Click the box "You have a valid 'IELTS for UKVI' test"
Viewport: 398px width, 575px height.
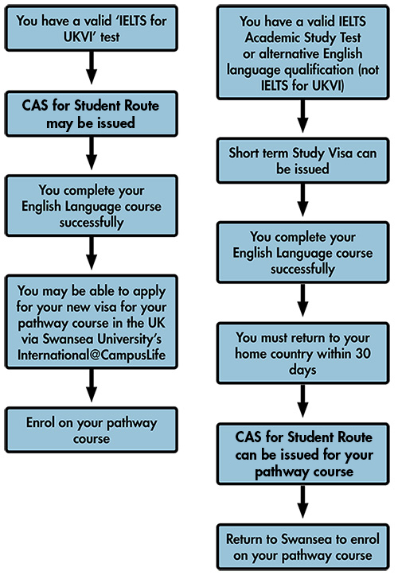point(92,29)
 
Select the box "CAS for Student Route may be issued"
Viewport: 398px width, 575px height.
point(92,114)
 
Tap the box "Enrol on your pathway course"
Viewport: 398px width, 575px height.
point(92,429)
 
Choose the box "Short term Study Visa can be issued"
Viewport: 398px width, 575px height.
point(303,161)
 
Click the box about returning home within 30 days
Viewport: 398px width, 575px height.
point(303,353)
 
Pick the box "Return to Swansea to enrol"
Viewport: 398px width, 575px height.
point(303,547)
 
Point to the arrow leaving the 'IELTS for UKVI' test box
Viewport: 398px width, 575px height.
point(92,68)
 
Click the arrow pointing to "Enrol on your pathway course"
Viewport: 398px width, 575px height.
point(92,386)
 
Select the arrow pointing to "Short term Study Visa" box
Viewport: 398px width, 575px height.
point(303,116)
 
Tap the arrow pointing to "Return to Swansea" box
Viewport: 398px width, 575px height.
point(303,502)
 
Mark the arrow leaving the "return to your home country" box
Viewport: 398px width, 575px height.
point(303,401)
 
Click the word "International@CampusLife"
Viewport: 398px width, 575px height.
point(92,355)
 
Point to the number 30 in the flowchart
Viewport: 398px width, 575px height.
point(363,353)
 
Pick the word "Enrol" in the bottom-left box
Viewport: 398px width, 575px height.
point(41,422)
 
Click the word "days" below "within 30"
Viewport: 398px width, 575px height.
point(302,370)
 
